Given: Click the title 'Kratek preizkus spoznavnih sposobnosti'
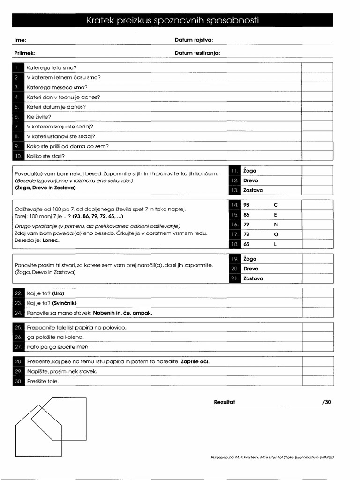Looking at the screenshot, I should (172, 20).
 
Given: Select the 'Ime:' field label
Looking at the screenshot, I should (20, 40).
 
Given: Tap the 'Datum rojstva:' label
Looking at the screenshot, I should (194, 40).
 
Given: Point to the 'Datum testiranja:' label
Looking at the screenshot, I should (197, 53).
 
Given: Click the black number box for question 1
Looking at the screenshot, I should (16, 68).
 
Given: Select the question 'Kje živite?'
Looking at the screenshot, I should (39, 117).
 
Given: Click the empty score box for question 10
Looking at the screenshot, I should (317, 156).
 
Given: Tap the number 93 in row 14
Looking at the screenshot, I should (247, 205).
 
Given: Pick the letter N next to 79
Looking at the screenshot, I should (276, 225).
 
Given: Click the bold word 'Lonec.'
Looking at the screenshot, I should (51, 240).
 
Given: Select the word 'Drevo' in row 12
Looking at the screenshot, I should (251, 180).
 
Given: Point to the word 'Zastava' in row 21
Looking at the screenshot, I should (253, 278).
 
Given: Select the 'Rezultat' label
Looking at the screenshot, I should (224, 402).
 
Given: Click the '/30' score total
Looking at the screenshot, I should (327, 402).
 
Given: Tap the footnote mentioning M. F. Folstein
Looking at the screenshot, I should (272, 457).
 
